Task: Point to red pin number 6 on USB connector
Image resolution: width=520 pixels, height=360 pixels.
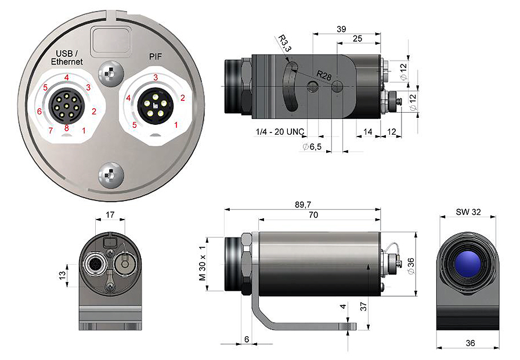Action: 39,111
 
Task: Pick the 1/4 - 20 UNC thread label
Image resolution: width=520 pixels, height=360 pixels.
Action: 279,132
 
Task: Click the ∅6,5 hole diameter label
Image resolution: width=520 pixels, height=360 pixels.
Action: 312,147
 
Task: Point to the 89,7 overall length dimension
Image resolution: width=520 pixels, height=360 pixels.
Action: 302,204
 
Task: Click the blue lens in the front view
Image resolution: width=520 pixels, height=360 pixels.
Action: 467,264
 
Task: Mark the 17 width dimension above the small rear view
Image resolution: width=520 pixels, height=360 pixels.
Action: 109,215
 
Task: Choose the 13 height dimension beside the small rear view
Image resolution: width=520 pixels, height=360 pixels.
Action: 62,273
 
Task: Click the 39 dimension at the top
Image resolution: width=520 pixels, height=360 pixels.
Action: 341,29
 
